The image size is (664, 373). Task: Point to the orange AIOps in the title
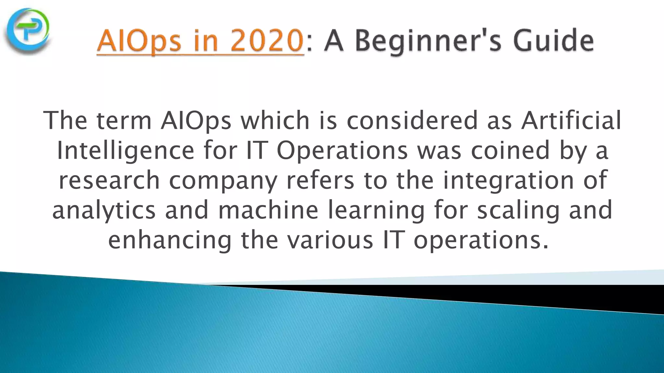(139, 41)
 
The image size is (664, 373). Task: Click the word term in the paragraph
(124, 120)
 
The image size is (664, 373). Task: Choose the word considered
(412, 120)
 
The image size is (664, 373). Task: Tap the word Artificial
(571, 120)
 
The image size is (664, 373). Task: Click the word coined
(510, 151)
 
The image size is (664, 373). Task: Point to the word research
(109, 180)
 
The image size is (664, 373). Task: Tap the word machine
(268, 210)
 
